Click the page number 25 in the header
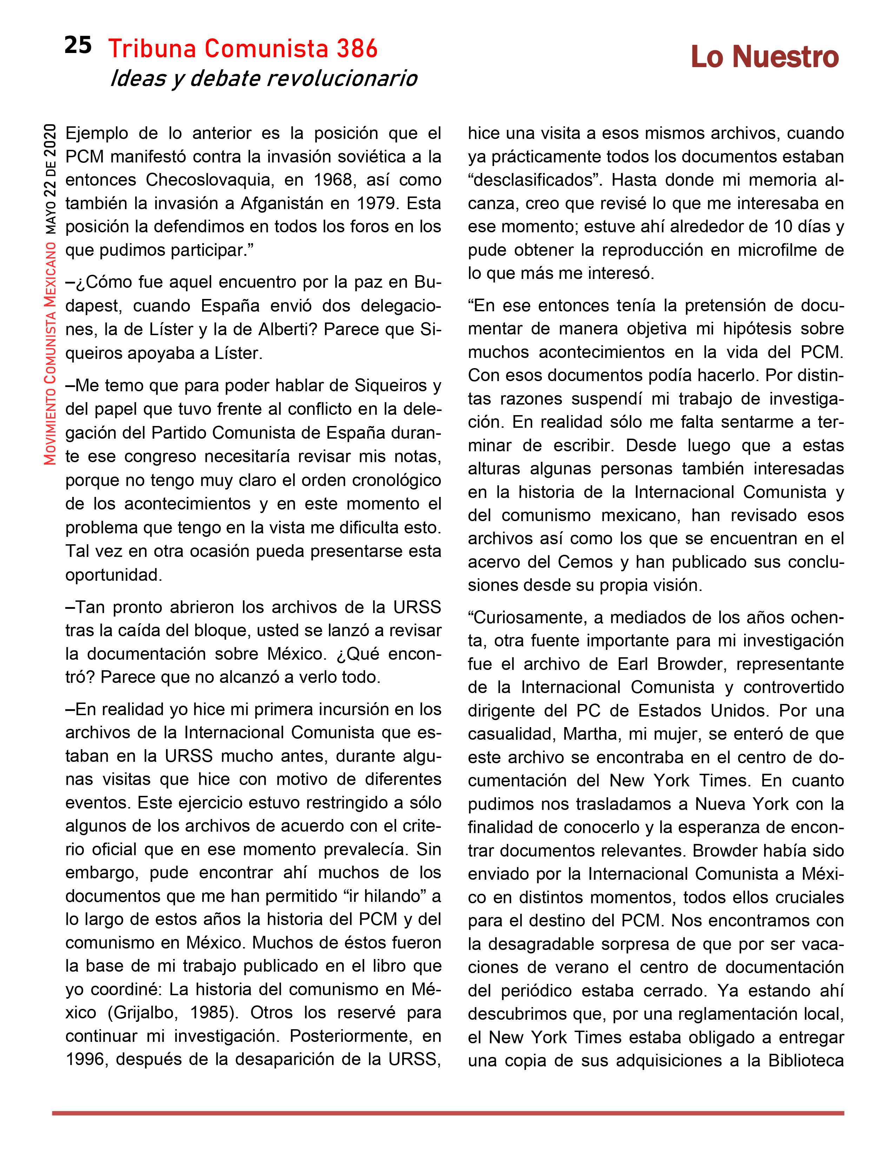point(78,46)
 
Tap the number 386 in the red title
point(357,49)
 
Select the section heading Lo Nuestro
point(764,57)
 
